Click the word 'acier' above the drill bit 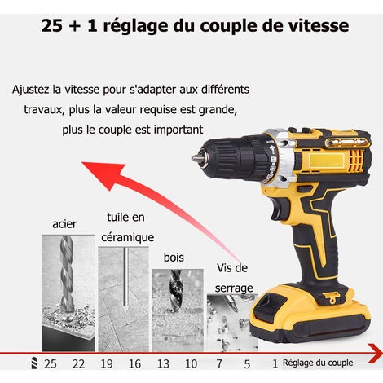(x=65, y=223)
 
